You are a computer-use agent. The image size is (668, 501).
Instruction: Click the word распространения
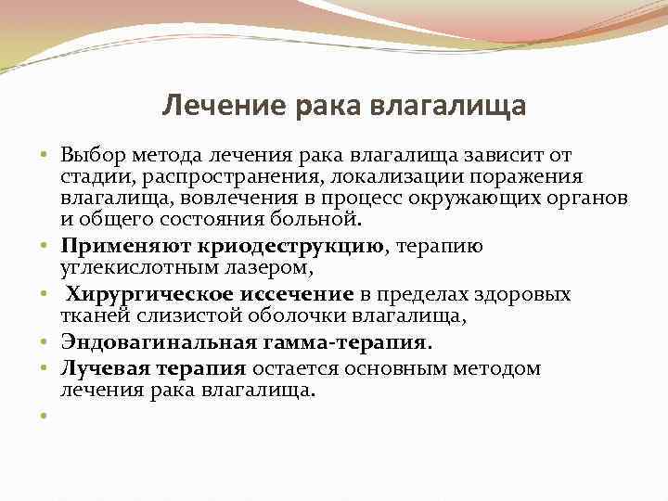(222, 176)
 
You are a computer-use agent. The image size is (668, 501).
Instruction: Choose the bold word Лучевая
(98, 367)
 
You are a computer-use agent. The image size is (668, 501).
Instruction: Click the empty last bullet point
(44, 416)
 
